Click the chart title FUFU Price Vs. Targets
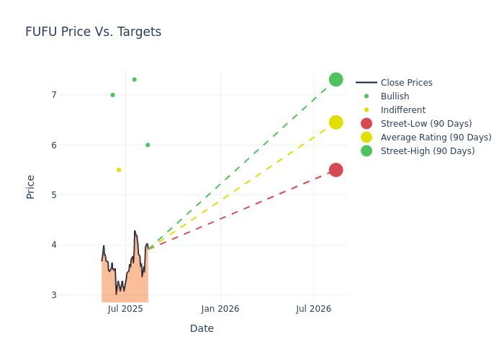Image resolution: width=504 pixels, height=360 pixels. [x=93, y=32]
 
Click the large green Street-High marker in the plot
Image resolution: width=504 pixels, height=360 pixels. [x=336, y=79]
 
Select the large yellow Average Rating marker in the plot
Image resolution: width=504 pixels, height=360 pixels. [x=336, y=122]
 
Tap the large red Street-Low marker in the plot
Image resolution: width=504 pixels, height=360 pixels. [x=336, y=170]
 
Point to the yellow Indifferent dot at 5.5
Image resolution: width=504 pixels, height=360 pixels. [x=119, y=170]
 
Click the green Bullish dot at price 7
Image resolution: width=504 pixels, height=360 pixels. [x=112, y=95]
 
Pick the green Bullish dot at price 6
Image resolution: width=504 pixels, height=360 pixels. [x=148, y=145]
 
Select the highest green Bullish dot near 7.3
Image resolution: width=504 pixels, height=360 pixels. [x=134, y=79]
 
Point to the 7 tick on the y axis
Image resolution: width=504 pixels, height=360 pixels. [x=53, y=95]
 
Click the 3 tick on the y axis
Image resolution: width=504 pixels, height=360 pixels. [x=53, y=294]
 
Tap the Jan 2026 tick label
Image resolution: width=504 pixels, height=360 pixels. [x=220, y=309]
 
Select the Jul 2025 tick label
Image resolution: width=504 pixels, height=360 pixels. [x=125, y=309]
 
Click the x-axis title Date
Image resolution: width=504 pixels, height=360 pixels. [x=202, y=328]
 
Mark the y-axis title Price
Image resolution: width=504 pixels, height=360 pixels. [x=31, y=186]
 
